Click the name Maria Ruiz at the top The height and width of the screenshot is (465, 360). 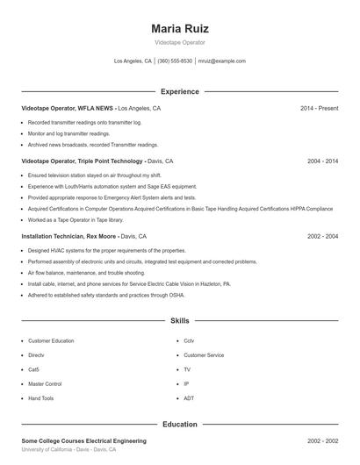tap(180, 29)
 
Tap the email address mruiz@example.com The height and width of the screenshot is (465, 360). tap(221, 61)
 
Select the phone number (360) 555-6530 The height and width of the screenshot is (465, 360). tap(175, 61)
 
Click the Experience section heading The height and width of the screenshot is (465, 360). tap(180, 91)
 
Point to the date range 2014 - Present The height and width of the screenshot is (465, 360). tap(319, 109)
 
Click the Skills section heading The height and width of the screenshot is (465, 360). tap(180, 321)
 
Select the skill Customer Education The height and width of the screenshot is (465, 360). tap(51, 340)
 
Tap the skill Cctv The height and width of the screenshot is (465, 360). tap(189, 340)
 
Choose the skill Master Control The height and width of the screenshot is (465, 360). tap(45, 383)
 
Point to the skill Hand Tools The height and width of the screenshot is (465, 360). tap(40, 398)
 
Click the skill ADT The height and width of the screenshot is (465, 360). tap(189, 398)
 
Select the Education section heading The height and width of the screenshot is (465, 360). tap(180, 425)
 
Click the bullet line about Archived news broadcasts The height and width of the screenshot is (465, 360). tap(93, 145)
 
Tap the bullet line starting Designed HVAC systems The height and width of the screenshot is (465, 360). tap(94, 250)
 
